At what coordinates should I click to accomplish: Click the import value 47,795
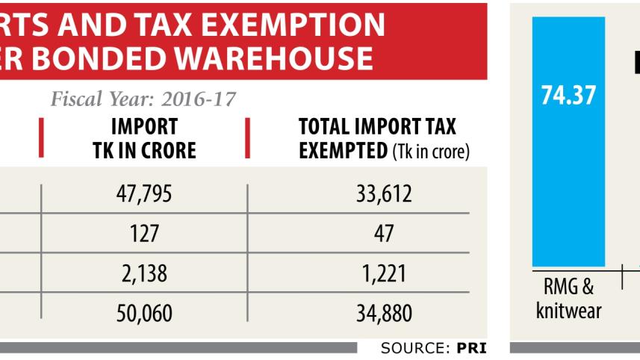point(144,193)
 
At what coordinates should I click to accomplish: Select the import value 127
point(144,234)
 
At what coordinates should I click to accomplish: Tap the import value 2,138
point(144,273)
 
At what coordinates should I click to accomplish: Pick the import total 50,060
point(144,313)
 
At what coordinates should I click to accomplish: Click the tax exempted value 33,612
point(384,193)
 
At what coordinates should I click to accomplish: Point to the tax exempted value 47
point(384,234)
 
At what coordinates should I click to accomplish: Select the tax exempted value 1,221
point(384,273)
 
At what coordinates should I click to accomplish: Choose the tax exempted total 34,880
point(384,313)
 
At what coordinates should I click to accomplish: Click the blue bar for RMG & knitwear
point(568,142)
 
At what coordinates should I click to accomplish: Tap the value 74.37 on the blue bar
point(568,95)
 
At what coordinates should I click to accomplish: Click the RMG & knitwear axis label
point(568,298)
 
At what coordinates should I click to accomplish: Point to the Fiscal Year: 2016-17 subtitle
point(143,99)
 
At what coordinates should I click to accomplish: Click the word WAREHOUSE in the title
point(274,58)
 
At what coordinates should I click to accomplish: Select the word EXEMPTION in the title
point(293,25)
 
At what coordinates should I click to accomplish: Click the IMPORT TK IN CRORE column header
point(144,138)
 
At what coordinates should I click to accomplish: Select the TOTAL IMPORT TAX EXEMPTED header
point(384,139)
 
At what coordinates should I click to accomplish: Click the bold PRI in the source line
point(471,348)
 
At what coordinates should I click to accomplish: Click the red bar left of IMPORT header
point(41,137)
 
